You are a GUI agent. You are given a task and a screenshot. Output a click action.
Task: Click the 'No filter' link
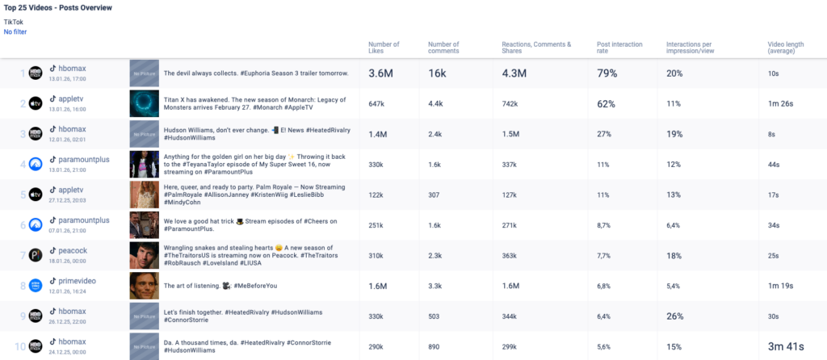coord(15,31)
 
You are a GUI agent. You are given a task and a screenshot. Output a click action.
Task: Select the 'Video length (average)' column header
coord(785,48)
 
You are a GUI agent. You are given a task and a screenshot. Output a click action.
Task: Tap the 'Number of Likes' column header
coord(384,48)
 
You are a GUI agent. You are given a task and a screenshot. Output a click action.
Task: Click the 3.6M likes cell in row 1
coord(380,73)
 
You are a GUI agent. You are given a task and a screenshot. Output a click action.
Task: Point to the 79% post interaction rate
coord(607,73)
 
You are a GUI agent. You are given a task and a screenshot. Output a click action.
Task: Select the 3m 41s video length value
coord(786,346)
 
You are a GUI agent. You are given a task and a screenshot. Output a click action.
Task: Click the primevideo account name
coord(77,280)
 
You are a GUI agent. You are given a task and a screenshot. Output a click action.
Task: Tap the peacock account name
coord(73,249)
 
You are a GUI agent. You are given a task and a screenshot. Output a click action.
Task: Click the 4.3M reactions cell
coord(514,73)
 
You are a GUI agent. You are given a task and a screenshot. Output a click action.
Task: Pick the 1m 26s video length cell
coord(780,104)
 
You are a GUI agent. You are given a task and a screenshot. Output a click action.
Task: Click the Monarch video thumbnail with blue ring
coord(144,103)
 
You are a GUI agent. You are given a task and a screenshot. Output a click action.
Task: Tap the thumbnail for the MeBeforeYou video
coord(144,285)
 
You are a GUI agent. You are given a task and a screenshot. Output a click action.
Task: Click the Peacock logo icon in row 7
coord(36,255)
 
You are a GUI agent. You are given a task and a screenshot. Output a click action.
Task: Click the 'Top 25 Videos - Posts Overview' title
coord(58,7)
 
